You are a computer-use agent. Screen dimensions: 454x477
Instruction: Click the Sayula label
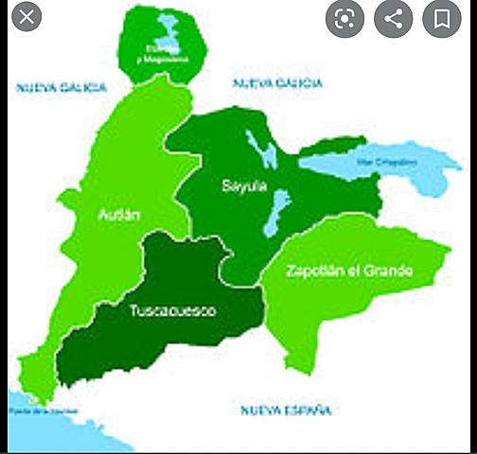click(x=240, y=185)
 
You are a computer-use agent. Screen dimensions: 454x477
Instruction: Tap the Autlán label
click(x=118, y=215)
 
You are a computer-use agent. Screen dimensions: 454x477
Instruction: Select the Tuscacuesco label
click(x=172, y=310)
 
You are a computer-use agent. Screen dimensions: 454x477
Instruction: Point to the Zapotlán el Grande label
click(x=349, y=271)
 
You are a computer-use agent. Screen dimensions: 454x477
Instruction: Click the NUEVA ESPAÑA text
click(x=285, y=410)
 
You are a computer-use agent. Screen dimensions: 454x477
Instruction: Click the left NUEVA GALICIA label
click(x=60, y=87)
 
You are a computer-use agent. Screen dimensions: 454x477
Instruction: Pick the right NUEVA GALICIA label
click(x=277, y=83)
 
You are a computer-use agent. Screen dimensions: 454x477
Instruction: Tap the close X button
click(x=26, y=17)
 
